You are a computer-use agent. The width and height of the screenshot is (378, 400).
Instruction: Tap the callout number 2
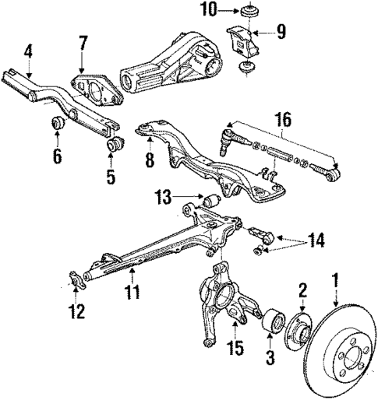(x=302, y=291)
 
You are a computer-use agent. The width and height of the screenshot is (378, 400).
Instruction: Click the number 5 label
(x=111, y=176)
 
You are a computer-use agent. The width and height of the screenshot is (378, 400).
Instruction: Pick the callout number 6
(x=57, y=156)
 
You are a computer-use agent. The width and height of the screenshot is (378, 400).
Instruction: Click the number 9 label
(x=281, y=33)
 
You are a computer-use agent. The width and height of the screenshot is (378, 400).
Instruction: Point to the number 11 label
(x=132, y=293)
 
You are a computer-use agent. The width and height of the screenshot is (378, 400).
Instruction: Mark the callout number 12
(x=75, y=313)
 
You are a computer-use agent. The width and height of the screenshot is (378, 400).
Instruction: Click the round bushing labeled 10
(x=250, y=12)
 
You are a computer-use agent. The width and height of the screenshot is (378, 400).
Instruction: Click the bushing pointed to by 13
(x=210, y=202)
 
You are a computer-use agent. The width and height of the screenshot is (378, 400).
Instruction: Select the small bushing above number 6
(x=58, y=123)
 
